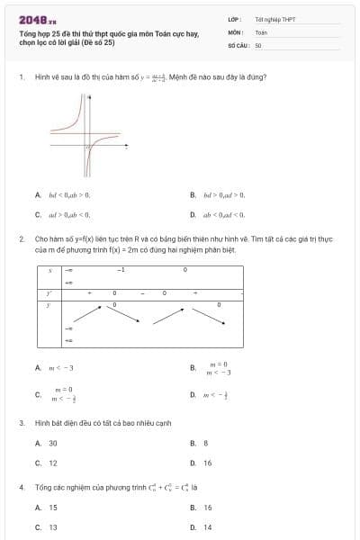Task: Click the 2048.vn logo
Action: [x=37, y=18]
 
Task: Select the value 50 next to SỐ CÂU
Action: [x=258, y=44]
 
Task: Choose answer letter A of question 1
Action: [x=38, y=194]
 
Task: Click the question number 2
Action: [x=21, y=239]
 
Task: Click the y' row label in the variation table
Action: [x=49, y=293]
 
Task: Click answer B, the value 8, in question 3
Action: [x=205, y=443]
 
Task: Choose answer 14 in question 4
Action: [x=208, y=527]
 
